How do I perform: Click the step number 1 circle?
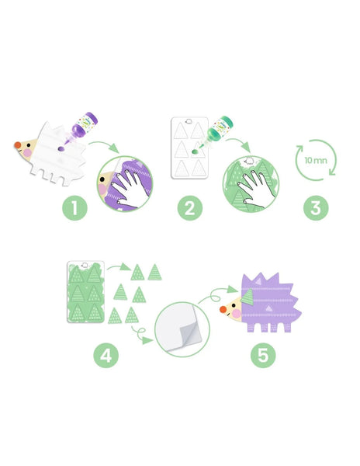pos(74,207)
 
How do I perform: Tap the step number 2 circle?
pos(190,207)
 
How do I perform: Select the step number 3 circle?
pos(316,207)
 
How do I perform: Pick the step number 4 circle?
pos(106,355)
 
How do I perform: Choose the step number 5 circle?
pos(263,355)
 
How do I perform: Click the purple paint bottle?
pos(83,127)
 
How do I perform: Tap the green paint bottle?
pos(219,130)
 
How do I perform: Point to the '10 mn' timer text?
pos(316,161)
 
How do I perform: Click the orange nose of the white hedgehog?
pos(18,145)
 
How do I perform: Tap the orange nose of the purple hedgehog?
pos(223,309)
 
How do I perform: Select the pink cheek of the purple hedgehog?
pos(237,314)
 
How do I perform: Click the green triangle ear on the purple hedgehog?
pos(247,297)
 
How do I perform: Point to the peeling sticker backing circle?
pos(182,329)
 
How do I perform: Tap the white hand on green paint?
pos(255,187)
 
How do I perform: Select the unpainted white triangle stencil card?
pos(189,148)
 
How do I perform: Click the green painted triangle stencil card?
pos(86,292)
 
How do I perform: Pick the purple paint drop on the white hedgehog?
pos(61,148)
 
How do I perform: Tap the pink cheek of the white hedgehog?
pos(28,153)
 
